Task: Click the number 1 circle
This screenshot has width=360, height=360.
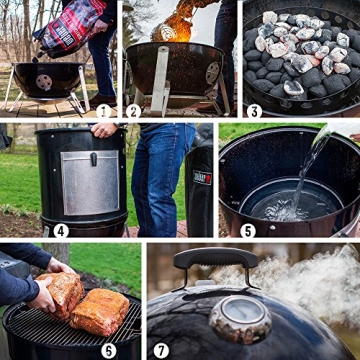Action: [x=104, y=110]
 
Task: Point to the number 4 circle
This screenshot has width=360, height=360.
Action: [x=61, y=230]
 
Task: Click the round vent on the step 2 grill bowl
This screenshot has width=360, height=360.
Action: [x=212, y=72]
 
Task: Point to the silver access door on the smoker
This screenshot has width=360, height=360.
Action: [x=89, y=182]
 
